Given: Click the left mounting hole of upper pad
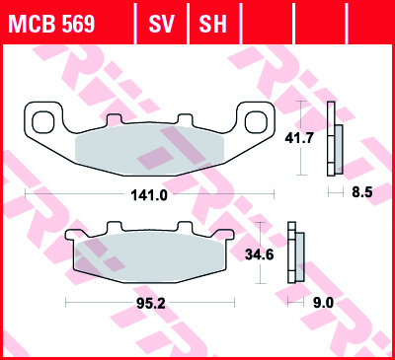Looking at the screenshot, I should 44,122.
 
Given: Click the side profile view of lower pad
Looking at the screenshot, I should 295,255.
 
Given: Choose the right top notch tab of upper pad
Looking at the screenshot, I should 186,119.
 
